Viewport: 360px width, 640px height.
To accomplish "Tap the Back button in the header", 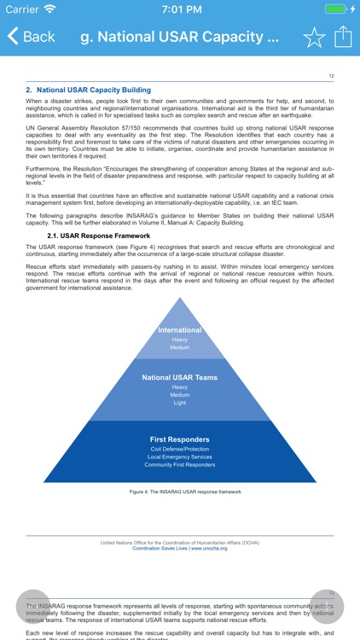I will point(32,37).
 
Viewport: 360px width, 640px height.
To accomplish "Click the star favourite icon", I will point(314,37).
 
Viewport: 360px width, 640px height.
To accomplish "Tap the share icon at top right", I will point(343,37).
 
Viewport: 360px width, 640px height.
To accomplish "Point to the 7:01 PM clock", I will point(180,9).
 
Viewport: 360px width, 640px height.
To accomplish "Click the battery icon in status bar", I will point(336,9).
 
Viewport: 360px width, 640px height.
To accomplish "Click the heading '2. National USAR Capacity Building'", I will point(88,90).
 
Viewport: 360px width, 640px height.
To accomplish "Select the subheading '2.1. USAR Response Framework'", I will point(100,236).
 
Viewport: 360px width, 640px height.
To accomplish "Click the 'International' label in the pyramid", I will point(180,330).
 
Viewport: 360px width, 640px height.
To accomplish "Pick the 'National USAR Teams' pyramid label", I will point(180,377).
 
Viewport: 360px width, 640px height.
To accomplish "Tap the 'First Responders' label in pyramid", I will point(180,439).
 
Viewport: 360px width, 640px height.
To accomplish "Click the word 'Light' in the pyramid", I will point(180,403).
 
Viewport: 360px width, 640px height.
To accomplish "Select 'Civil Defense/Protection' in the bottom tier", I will point(180,449).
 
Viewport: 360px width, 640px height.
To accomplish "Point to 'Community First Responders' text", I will point(180,465).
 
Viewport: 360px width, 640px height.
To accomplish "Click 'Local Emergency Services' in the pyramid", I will point(180,457).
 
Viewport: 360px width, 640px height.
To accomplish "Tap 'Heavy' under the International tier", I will point(180,340).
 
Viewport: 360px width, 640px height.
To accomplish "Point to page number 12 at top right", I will point(331,77).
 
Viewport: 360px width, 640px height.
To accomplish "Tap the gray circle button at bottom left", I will point(34,607).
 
